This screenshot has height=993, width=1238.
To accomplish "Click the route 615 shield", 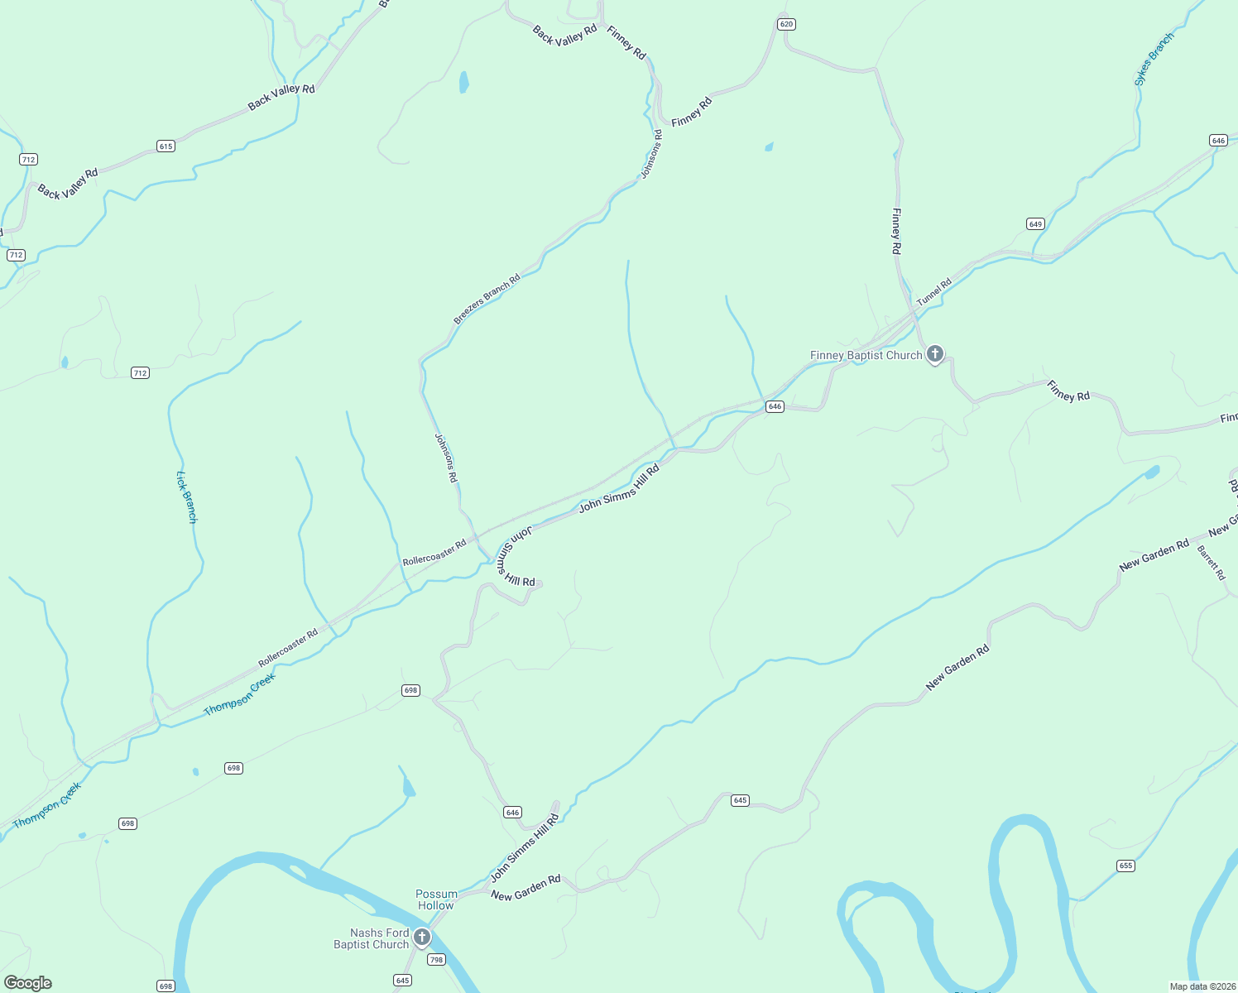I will pyautogui.click(x=166, y=146).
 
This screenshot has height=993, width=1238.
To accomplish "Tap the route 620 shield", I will pyautogui.click(x=786, y=24).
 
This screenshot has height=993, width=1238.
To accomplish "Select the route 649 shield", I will pyautogui.click(x=1035, y=224).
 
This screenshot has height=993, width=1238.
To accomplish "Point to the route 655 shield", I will pyautogui.click(x=1125, y=866).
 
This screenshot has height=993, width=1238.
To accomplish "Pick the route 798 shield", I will pyautogui.click(x=436, y=960).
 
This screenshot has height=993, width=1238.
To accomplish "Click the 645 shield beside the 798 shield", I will pyautogui.click(x=402, y=981).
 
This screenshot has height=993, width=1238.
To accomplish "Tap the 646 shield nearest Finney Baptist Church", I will pyautogui.click(x=775, y=406).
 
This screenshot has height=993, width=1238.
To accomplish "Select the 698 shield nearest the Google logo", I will pyautogui.click(x=166, y=986).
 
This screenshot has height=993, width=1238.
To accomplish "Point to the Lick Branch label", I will pyautogui.click(x=187, y=496).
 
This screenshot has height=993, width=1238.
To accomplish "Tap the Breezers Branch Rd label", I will pyautogui.click(x=487, y=299).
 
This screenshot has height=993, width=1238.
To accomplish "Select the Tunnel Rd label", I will pyautogui.click(x=934, y=291).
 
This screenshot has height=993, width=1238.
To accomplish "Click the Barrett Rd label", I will pyautogui.click(x=1211, y=563).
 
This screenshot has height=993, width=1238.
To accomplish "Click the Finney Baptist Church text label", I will pyautogui.click(x=866, y=355).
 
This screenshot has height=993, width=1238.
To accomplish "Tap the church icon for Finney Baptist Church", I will pyautogui.click(x=934, y=354).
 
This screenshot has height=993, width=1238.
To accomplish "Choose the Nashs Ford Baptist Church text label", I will pyautogui.click(x=372, y=938).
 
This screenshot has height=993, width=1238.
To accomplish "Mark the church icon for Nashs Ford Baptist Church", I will pyautogui.click(x=422, y=937).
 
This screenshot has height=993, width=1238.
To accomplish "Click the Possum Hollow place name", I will pyautogui.click(x=436, y=899).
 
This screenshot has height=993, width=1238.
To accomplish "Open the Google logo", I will pyautogui.click(x=28, y=983).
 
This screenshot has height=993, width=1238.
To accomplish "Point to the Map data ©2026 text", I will pyautogui.click(x=1202, y=986).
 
